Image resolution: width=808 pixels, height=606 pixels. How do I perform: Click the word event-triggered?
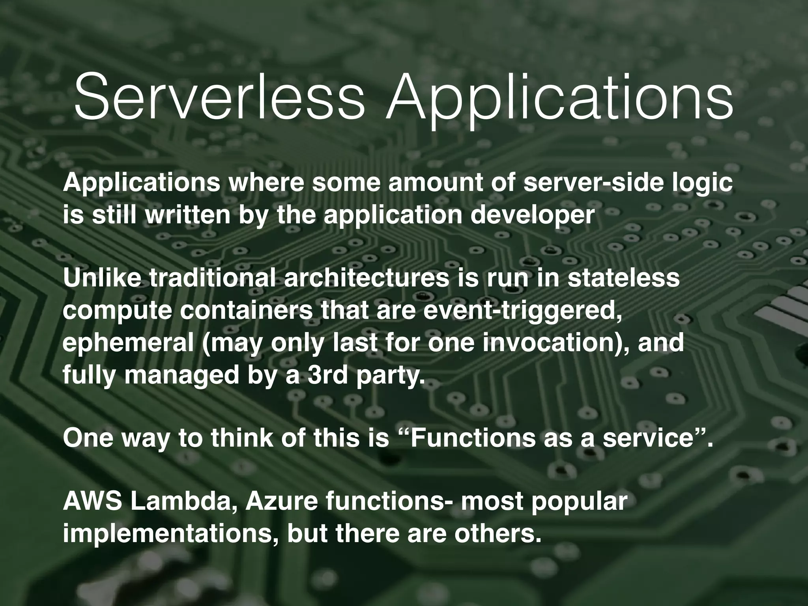coord(517,311)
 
